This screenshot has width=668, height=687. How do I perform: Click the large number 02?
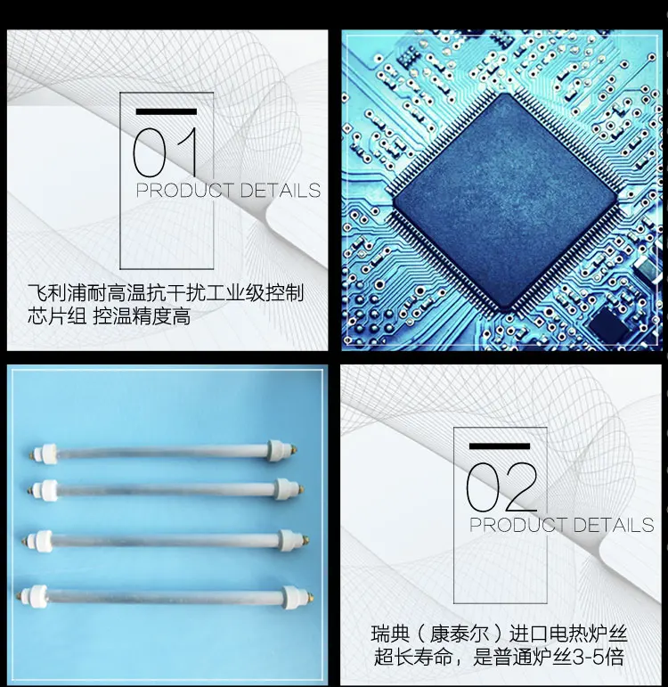(x=501, y=487)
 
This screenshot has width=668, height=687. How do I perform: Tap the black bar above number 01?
(x=166, y=111)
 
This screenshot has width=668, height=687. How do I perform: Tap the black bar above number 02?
(x=499, y=446)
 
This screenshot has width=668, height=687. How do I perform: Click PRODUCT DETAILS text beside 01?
(x=228, y=191)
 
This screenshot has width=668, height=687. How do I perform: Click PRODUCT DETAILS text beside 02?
(x=561, y=525)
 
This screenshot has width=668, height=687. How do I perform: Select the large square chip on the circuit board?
(x=504, y=202)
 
